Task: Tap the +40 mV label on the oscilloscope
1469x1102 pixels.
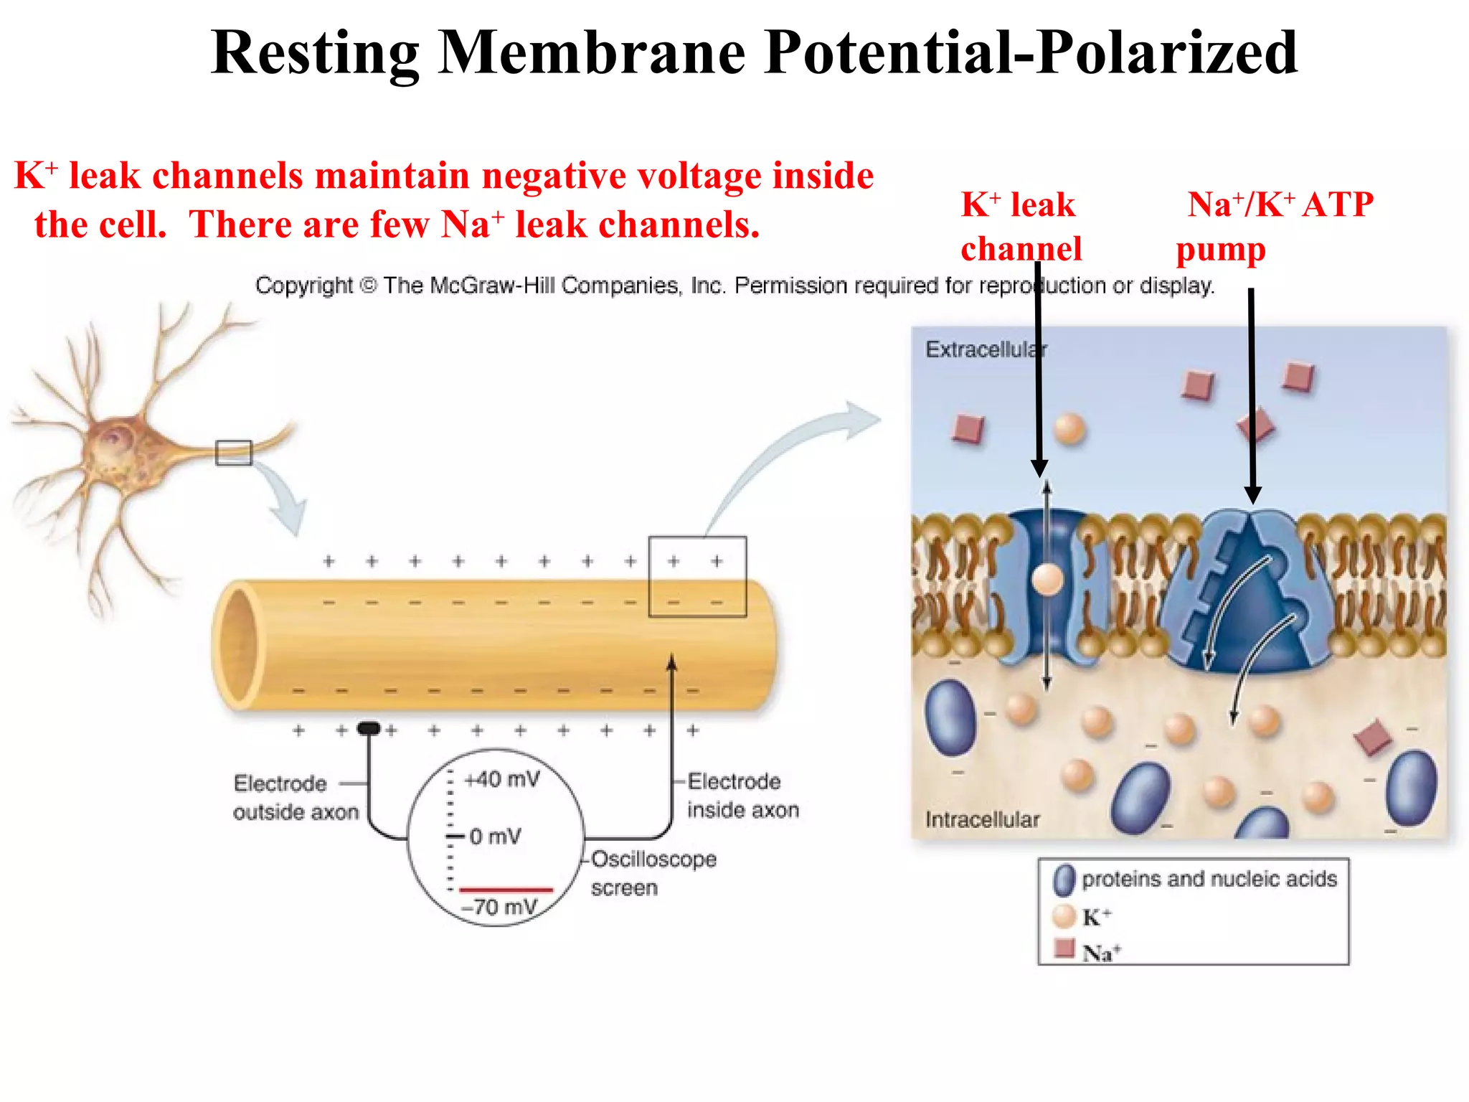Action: pyautogui.click(x=502, y=779)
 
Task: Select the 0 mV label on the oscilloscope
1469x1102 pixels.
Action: pyautogui.click(x=495, y=837)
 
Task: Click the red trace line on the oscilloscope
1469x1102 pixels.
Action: pyautogui.click(x=506, y=890)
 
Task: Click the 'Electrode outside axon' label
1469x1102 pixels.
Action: pyautogui.click(x=295, y=797)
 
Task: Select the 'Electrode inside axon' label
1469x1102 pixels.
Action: pyautogui.click(x=742, y=795)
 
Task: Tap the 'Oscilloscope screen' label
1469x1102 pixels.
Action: pyautogui.click(x=653, y=872)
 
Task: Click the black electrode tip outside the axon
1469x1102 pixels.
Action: pyautogui.click(x=369, y=729)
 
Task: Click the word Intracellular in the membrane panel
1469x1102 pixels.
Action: pyautogui.click(x=982, y=819)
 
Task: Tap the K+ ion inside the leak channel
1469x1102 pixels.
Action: pyautogui.click(x=1047, y=579)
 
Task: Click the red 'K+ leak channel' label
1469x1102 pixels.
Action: pyautogui.click(x=1020, y=227)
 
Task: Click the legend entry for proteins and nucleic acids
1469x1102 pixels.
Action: pyautogui.click(x=1209, y=879)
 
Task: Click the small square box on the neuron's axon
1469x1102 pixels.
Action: pyautogui.click(x=234, y=453)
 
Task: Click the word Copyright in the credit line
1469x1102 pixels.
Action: pyautogui.click(x=304, y=286)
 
